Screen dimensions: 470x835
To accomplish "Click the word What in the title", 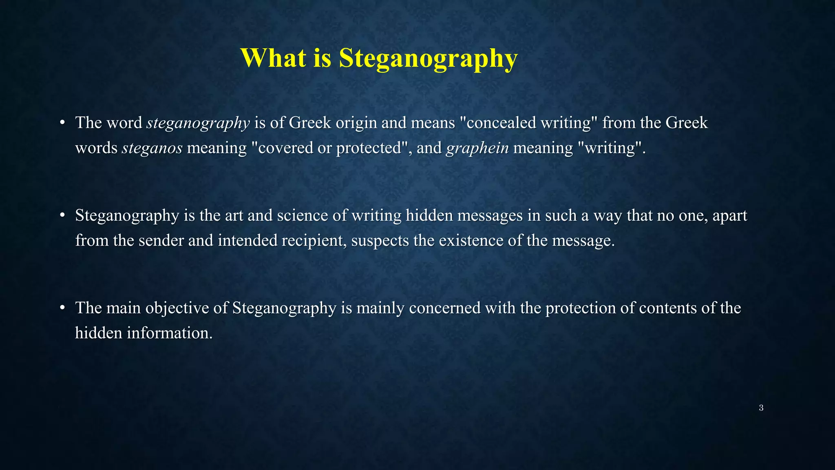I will click(x=273, y=58).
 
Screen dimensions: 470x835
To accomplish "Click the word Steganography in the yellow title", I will click(x=428, y=59).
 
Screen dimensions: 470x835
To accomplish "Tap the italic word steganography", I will click(x=198, y=123).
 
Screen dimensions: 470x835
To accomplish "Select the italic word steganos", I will click(x=152, y=148).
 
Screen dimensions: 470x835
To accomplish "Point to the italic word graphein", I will click(x=477, y=148).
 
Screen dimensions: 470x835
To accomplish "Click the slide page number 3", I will click(x=761, y=408).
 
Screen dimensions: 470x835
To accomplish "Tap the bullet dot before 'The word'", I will click(x=62, y=123).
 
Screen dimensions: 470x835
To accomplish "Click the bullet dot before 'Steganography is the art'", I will click(x=62, y=215).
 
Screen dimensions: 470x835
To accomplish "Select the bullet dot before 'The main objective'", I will click(x=62, y=308).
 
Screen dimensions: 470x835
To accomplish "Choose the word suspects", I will click(x=380, y=241).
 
